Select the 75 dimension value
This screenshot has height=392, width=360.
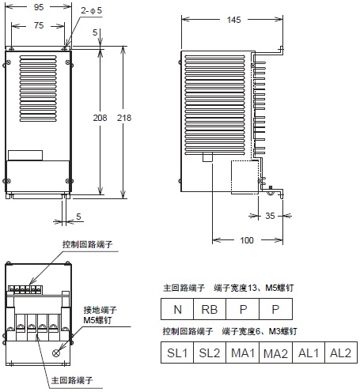click(37, 24)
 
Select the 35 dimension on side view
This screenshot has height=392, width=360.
click(271, 214)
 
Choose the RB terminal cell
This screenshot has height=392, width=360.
click(209, 309)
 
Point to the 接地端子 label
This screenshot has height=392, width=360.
click(100, 311)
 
